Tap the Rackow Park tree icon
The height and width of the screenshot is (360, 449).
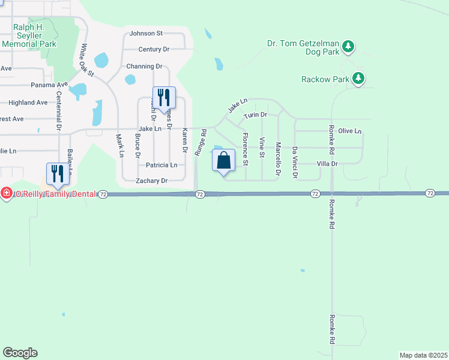[x=358, y=79]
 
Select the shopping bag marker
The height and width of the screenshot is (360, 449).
[x=224, y=161]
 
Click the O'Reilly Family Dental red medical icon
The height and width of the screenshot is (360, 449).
[x=6, y=193]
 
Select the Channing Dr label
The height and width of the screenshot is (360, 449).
[x=144, y=66]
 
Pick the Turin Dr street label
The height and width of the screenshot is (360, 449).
[x=255, y=114]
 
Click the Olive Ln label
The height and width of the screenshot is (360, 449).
[x=350, y=131]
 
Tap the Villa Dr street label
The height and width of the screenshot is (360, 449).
[x=328, y=163]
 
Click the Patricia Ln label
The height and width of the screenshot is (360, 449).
[x=157, y=164]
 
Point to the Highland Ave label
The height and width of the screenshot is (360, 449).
[x=28, y=103]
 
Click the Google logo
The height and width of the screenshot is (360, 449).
[x=20, y=353]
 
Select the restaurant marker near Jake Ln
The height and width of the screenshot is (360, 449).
[x=164, y=98]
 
